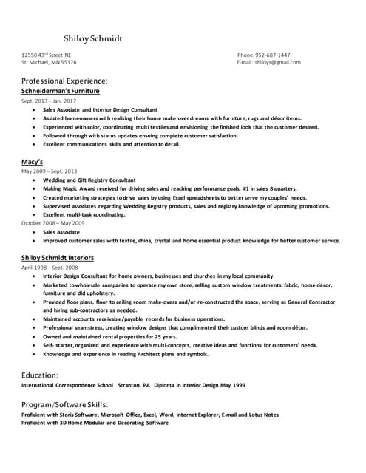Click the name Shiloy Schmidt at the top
click(93, 38)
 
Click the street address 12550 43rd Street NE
click(47, 55)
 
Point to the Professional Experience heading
click(64, 80)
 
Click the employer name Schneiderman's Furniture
click(60, 90)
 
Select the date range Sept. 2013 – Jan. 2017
click(49, 100)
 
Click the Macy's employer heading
click(33, 161)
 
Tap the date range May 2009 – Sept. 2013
click(49, 171)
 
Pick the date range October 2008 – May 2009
click(53, 222)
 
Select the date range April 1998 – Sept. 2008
click(50, 267)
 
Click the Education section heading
click(40, 375)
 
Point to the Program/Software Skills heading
click(65, 405)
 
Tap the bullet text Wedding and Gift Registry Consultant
click(89, 180)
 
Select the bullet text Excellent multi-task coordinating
click(84, 214)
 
